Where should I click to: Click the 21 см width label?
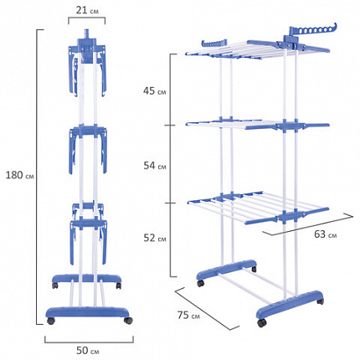click(87, 11)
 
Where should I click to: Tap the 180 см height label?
click(20, 175)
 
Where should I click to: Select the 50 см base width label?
click(88, 351)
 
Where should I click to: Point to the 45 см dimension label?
click(154, 91)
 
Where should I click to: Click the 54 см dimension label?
click(155, 166)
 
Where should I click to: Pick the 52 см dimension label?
click(155, 238)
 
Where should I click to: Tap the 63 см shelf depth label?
click(326, 234)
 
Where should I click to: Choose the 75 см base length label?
click(188, 315)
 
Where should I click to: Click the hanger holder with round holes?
click(312, 30)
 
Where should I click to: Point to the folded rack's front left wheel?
click(51, 321)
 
